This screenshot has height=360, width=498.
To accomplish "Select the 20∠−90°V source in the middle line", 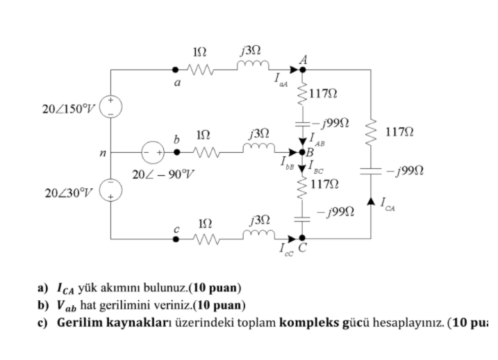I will [x=153, y=152].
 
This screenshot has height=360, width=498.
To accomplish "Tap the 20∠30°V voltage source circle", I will [x=112, y=190].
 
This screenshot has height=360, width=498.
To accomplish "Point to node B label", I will [x=310, y=152].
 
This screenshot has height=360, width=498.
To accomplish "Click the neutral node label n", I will [x=102, y=152].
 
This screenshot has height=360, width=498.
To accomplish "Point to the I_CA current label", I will [x=388, y=204].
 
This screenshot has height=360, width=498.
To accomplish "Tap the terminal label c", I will [x=178, y=228].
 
